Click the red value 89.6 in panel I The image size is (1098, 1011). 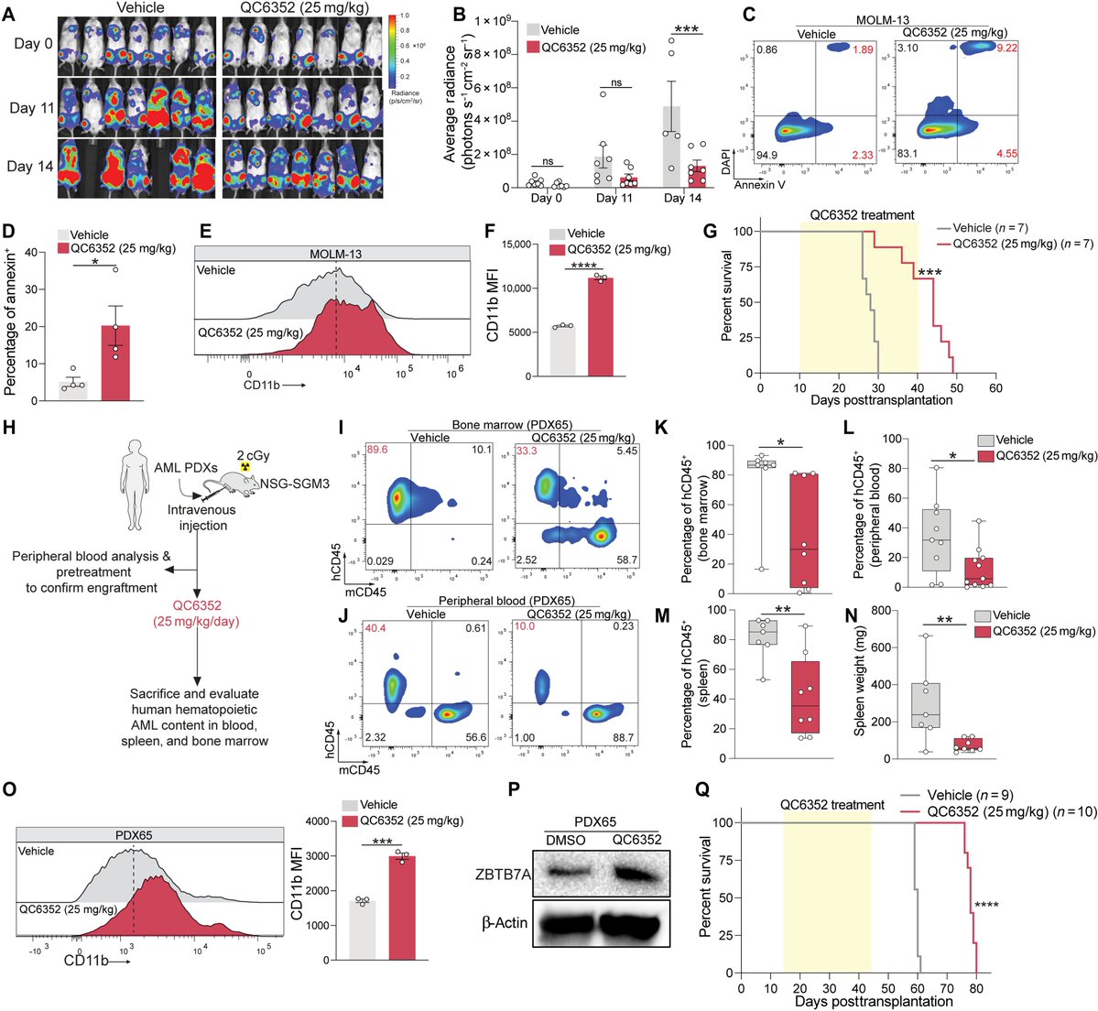pos(374,451)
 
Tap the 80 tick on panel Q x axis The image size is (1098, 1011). pos(976,990)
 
